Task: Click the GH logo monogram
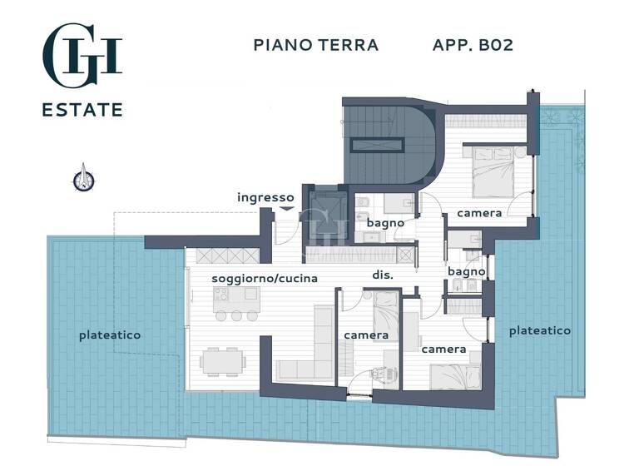click(x=82, y=55)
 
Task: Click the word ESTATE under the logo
click(x=82, y=110)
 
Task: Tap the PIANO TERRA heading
click(x=315, y=45)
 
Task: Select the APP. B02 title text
click(x=473, y=45)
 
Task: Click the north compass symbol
click(x=83, y=179)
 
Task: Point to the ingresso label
click(x=265, y=197)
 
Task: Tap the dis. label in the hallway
click(x=382, y=275)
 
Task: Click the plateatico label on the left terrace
click(x=110, y=335)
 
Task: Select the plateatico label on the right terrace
click(x=540, y=330)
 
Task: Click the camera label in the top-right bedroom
click(x=479, y=213)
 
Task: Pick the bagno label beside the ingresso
click(x=385, y=223)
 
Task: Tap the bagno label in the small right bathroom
click(x=467, y=272)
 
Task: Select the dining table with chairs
click(x=222, y=360)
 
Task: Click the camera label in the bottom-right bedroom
click(x=443, y=349)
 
